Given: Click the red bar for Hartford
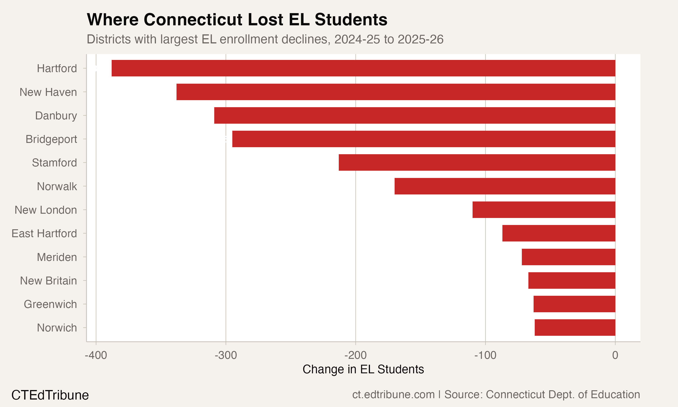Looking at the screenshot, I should (x=363, y=68).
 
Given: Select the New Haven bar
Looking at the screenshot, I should (x=396, y=92).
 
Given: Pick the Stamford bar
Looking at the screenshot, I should (x=477, y=163).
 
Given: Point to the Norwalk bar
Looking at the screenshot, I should (x=505, y=186).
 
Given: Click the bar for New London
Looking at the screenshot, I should (x=544, y=210).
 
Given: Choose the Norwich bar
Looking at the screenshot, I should (x=575, y=327).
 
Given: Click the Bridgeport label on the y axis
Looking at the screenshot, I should (x=51, y=139).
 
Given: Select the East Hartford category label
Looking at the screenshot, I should (x=44, y=234).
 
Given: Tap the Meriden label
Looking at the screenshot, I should (x=57, y=257).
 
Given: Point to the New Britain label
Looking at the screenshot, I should (x=48, y=281).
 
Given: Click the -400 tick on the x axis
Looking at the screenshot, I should (x=96, y=355).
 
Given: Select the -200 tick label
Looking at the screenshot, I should (x=355, y=355).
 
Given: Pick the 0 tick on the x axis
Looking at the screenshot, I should (x=615, y=355).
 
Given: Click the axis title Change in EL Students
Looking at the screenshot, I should (x=363, y=369).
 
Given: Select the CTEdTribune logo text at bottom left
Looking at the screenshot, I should (x=50, y=395).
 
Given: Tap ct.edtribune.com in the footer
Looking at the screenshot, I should (x=393, y=395).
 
